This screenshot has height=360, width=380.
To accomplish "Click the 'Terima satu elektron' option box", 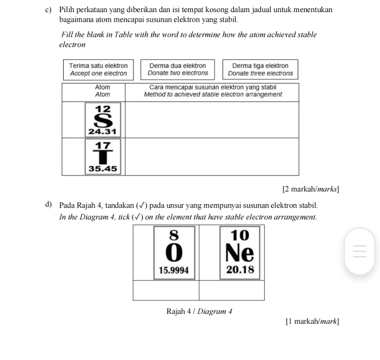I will coord(98,70).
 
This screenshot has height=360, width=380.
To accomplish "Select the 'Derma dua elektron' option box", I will coord(178,70).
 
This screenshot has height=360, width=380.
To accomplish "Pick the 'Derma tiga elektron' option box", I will coord(260,70).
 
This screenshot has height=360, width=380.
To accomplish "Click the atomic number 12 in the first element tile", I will coord(103,109).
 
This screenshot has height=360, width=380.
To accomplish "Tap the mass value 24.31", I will coord(103,132).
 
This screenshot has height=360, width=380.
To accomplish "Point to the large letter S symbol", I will coord(103,120).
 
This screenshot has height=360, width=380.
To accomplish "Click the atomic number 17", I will coord(103,145).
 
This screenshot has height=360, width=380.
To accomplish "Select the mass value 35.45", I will coord(103,169).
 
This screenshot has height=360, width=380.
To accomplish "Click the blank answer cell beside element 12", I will coord(212,120).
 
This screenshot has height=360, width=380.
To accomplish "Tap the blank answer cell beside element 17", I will coord(212,156).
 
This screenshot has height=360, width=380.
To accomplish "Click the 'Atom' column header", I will coord(103,91).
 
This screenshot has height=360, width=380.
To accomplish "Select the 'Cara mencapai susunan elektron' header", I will coord(213,91).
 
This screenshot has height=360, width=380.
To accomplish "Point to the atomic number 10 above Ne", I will coord(240,236).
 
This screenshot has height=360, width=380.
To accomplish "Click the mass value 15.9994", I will coord(174,270).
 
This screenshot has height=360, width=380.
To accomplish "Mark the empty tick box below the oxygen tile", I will coord(166,290).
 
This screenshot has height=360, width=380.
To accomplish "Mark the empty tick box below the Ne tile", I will coord(231,290).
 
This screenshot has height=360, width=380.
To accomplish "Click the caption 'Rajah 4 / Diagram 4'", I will coord(199,312).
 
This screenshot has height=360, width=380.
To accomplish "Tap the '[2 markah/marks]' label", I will coord(311,189).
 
